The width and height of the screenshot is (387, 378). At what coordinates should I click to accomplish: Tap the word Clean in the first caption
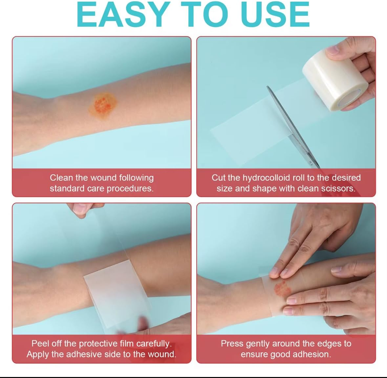pos(61,178)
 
